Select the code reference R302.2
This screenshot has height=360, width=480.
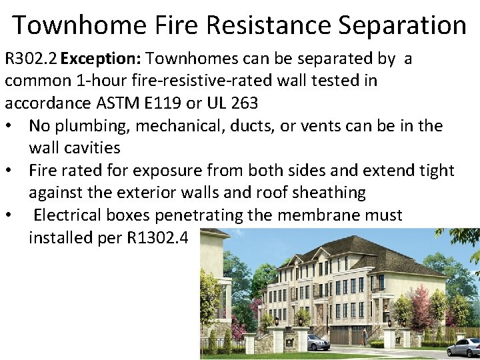pyautogui.click(x=31, y=59)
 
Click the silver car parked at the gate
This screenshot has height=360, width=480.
pyautogui.click(x=317, y=342)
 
